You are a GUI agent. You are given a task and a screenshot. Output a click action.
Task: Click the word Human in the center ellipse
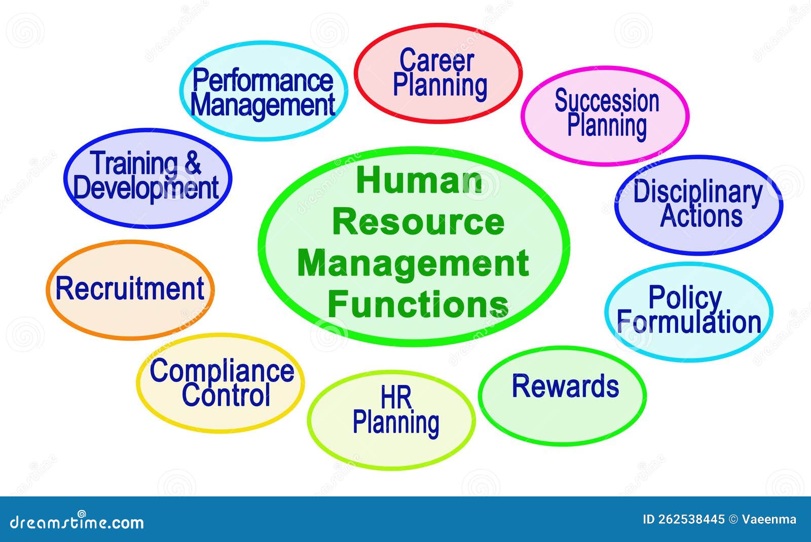(x=419, y=181)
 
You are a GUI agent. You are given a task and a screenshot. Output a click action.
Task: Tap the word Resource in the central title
(x=418, y=222)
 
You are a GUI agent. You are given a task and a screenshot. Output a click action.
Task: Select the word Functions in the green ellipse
(x=418, y=304)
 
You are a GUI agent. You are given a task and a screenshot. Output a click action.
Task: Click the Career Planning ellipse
(x=438, y=73)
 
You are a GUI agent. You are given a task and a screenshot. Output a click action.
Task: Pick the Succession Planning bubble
(x=605, y=115)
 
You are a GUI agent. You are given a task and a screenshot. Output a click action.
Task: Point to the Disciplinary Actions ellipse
(x=699, y=204)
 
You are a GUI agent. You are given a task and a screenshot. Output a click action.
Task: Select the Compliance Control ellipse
(x=221, y=383)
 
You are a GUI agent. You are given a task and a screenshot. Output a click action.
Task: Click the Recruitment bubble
(x=130, y=289)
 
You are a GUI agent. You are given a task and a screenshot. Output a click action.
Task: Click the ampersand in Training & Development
(x=193, y=163)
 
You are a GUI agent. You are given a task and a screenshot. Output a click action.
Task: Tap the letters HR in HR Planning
(x=396, y=398)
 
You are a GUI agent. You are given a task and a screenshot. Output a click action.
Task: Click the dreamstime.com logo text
(x=77, y=522)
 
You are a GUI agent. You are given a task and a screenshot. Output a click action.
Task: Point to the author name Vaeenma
(x=769, y=519)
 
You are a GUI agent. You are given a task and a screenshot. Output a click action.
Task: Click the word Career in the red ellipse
(x=436, y=61)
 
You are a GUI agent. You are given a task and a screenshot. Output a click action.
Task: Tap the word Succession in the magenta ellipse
(x=607, y=101)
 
